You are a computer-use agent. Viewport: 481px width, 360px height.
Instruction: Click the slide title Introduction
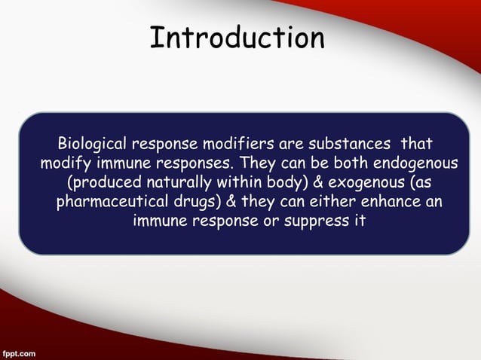[237, 38]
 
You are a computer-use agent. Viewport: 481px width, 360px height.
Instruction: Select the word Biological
[92, 144]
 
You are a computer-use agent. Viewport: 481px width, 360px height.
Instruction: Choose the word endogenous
[417, 163]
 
